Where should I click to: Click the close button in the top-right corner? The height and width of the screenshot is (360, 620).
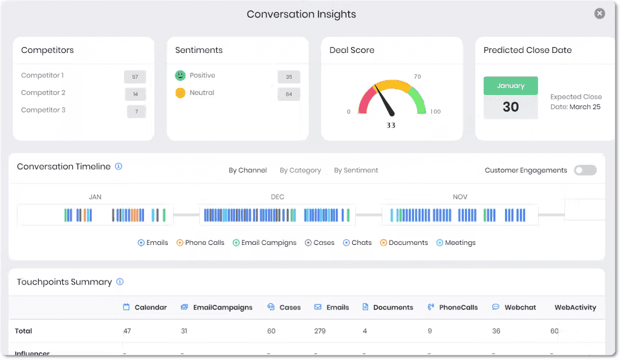point(600,14)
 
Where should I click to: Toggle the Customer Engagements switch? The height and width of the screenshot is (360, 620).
point(585,170)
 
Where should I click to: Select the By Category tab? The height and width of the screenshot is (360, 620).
point(300,171)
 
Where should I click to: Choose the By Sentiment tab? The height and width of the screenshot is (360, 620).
point(356,171)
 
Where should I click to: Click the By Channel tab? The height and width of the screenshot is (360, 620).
point(247,171)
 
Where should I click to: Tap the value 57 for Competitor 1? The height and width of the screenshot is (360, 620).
point(135,77)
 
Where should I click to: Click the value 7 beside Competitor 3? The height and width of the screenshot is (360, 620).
point(136,112)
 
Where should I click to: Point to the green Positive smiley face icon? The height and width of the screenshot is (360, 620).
point(180,76)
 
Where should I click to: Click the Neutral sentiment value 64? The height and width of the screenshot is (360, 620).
point(289,94)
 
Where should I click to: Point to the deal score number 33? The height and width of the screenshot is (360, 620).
point(391,125)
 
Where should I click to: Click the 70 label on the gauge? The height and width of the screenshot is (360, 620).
point(417,77)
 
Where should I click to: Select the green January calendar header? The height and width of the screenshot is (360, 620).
point(510,86)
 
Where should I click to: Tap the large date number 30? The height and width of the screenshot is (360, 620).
point(510,107)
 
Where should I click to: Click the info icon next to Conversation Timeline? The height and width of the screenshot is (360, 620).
point(118,166)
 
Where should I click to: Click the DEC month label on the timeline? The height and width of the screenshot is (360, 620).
point(277,197)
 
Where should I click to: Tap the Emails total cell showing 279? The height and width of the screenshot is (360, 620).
point(320,331)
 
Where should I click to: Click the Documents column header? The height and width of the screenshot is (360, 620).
point(387,308)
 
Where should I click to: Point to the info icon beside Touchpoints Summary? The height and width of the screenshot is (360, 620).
point(119,282)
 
